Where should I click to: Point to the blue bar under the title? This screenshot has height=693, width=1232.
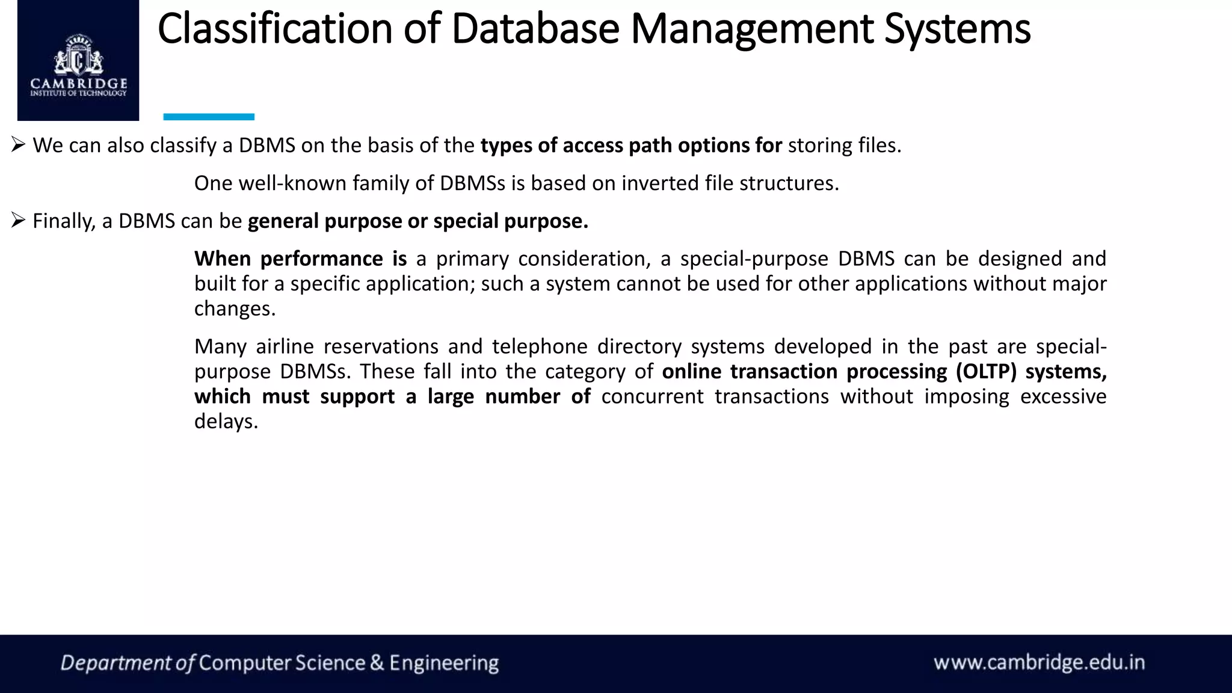coord(209,117)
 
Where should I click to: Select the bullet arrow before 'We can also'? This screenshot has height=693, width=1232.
coord(17,145)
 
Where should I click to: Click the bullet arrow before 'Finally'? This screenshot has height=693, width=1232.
coord(17,221)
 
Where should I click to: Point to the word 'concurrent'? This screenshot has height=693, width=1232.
coord(652,396)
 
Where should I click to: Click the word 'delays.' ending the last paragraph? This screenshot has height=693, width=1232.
coord(226,421)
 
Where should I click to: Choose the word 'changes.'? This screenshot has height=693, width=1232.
coord(235,309)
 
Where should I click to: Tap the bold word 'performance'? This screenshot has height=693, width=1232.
coord(322,259)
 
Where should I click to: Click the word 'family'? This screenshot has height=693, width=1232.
coord(381,183)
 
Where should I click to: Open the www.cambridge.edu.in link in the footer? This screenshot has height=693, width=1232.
coord(1039,663)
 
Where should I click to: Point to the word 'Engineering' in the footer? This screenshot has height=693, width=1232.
coord(444,663)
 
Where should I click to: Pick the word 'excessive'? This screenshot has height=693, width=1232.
coord(1063,396)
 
